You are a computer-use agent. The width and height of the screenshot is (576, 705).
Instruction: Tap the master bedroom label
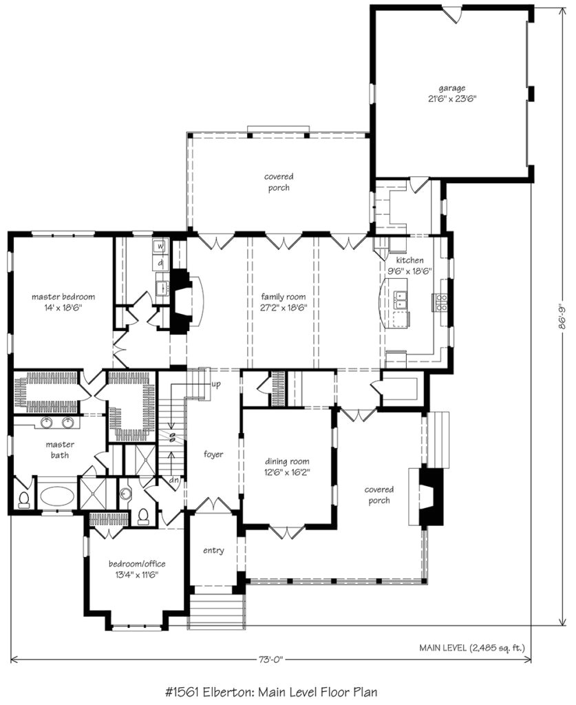point(63,297)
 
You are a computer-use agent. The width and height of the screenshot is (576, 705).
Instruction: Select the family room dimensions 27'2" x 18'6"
point(284,308)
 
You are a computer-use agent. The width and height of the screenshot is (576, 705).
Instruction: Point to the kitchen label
point(409,260)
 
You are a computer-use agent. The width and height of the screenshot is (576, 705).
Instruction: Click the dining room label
point(287,461)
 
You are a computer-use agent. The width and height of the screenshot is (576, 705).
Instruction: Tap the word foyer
point(213,454)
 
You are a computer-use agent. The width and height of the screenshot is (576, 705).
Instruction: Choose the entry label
point(213,550)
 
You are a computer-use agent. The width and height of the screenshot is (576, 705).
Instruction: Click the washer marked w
point(160,246)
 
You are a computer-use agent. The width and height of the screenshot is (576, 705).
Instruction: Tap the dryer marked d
point(160,262)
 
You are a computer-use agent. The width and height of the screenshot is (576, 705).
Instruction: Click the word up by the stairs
point(216,385)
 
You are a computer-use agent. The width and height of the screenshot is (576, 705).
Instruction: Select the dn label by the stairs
point(174,480)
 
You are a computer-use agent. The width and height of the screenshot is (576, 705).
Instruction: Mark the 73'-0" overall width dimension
point(271,660)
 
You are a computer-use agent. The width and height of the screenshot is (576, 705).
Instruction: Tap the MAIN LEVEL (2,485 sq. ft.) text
point(471,648)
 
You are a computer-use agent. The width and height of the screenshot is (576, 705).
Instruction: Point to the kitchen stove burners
point(440,303)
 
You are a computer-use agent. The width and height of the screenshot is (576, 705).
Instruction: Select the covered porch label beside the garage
point(279,182)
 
